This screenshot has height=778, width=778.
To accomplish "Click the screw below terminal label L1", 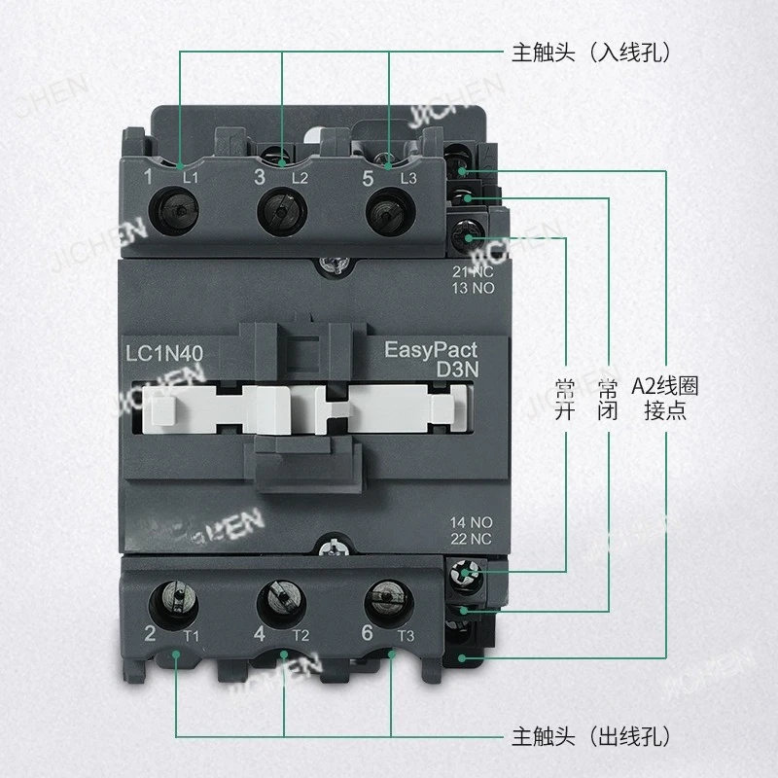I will [179, 207].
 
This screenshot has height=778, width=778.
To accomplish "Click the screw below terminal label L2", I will [282, 207].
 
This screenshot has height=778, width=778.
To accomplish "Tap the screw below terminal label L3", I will [387, 207].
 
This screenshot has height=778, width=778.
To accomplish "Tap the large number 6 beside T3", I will [366, 634].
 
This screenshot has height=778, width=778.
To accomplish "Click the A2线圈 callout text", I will [664, 386].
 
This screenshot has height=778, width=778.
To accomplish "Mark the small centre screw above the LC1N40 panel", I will [335, 264].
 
